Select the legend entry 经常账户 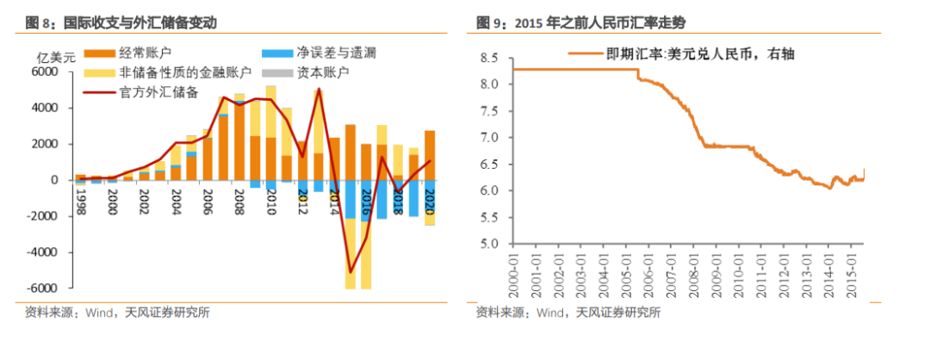[x=151, y=53]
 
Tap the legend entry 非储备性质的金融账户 [x=186, y=72]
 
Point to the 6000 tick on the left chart [x=44, y=72]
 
